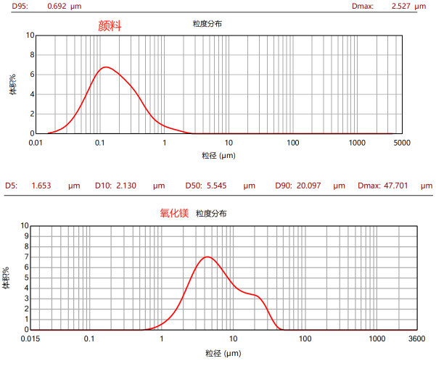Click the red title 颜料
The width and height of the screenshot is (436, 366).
[x=110, y=26]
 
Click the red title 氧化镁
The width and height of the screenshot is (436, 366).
[x=174, y=213]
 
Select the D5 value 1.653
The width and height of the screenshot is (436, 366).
[x=42, y=186]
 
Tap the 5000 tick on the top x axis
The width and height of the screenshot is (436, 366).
[x=402, y=143]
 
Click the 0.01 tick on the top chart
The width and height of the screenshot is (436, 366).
[x=36, y=143]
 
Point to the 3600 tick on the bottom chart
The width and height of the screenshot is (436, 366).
[x=416, y=338]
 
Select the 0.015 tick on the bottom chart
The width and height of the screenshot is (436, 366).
[x=30, y=338]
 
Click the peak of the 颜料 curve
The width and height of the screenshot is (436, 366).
[x=106, y=67]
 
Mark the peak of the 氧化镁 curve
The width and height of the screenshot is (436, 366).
[x=208, y=257]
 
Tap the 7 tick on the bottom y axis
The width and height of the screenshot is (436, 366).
[x=25, y=257]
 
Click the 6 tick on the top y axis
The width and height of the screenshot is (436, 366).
[x=31, y=74]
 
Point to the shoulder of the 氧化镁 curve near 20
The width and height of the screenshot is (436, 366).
[x=255, y=295]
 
